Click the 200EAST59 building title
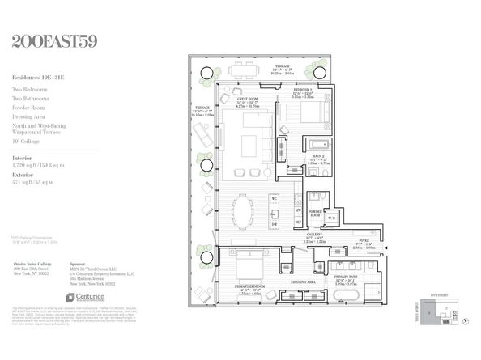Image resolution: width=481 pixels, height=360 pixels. click(x=55, y=40)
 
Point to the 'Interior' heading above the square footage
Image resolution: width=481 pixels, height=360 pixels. click(x=23, y=155)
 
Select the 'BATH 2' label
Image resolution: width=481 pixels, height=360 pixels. click(x=318, y=155)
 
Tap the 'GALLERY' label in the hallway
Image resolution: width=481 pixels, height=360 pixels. click(x=314, y=235)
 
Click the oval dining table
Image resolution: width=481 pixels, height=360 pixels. click(x=249, y=210)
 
